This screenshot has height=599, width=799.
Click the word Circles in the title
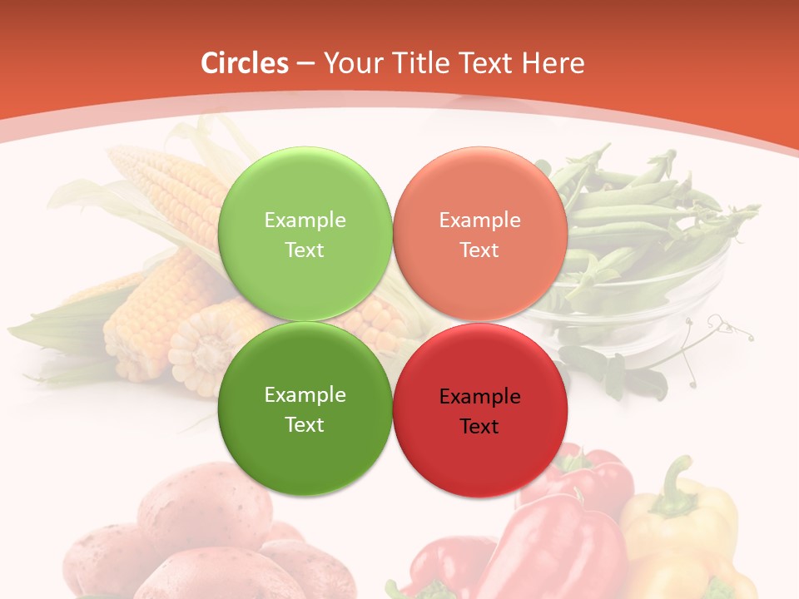pos(244,63)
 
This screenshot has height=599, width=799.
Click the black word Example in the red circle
pos(479,397)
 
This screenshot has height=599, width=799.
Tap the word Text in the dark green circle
pos(305,424)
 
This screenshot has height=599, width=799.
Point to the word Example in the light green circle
pos(305,220)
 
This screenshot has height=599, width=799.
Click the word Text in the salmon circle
pos(479,250)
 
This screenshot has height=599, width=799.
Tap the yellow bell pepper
pos(682,532)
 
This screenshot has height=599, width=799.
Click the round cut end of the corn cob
pos(200,349)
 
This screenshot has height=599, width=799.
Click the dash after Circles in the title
pos(305,63)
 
